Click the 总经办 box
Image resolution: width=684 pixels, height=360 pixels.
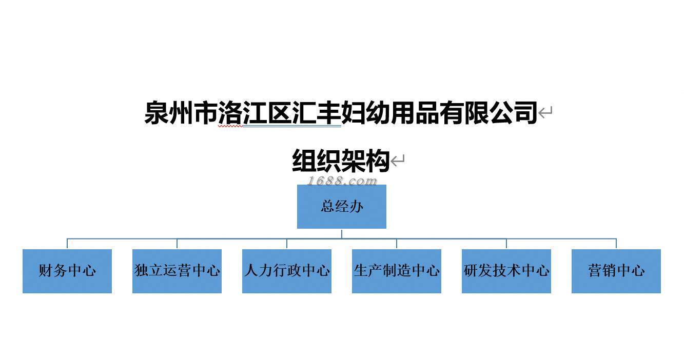coord(341,207)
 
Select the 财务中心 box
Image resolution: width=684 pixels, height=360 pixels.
coord(67,271)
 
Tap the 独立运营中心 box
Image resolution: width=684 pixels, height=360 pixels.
coord(177,271)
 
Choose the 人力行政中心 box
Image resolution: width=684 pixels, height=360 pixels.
coord(287,271)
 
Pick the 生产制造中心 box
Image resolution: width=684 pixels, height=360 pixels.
coord(397,271)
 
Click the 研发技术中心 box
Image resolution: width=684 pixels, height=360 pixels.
coord(506,271)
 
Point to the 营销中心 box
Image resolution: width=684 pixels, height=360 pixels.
coord(616,271)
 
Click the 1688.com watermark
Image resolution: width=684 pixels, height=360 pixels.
coord(342,181)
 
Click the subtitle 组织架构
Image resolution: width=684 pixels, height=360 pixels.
coord(341,161)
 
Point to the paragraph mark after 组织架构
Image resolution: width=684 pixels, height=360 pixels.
coord(398,162)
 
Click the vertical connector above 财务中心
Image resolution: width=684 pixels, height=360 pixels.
coord(67,244)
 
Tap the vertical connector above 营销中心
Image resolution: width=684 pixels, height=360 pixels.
coord(616,244)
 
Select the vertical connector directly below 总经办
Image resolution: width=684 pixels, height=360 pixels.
coord(342,233)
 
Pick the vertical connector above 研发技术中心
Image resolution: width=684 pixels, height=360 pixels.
coord(506,244)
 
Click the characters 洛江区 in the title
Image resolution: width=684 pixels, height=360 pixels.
coord(255,113)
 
